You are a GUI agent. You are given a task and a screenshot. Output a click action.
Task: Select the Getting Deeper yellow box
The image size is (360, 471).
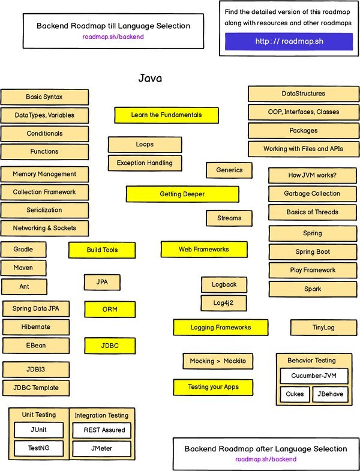tap(182, 194)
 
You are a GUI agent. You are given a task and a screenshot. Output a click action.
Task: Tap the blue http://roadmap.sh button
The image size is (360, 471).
tap(289, 41)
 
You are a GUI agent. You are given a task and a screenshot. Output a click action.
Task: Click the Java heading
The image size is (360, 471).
tap(150, 78)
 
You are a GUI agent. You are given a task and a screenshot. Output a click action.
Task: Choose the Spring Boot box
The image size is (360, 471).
tap(313, 251)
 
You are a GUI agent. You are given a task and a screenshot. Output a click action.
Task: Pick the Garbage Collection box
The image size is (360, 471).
tap(312, 193)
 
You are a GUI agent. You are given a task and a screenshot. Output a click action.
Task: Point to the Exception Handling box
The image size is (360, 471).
tap(145, 163)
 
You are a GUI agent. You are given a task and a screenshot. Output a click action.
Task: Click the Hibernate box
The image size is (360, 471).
tap(35, 327)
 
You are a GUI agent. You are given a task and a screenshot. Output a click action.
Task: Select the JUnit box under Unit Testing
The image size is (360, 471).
tap(38, 430)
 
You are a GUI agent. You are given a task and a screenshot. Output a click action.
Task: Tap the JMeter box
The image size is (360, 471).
tap(100, 448)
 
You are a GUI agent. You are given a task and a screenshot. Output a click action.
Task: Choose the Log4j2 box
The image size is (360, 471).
tap(224, 303)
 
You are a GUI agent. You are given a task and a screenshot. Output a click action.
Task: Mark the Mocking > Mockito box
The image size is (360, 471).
tap(218, 361)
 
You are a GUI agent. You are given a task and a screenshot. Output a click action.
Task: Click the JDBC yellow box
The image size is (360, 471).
tap(110, 346)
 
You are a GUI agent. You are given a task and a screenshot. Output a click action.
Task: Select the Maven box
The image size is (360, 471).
tap(23, 268)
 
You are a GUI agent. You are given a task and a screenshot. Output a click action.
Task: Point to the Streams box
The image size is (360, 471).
tap(229, 218)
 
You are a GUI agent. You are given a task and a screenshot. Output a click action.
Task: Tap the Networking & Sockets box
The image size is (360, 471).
tap(45, 228)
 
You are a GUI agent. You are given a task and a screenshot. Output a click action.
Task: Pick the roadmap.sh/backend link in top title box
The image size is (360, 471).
tap(113, 37)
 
